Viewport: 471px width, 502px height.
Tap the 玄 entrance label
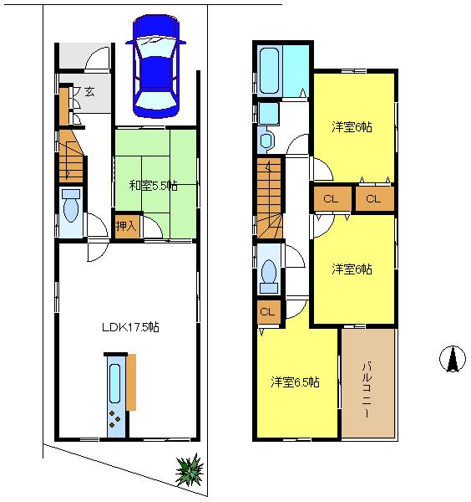click(89, 93)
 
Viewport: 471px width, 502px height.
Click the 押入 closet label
click(126, 225)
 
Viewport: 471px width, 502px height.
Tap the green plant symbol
click(190, 471)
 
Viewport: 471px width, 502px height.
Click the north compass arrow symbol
click(452, 358)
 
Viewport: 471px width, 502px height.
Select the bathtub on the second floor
click(271, 71)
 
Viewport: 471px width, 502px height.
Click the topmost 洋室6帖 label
click(352, 127)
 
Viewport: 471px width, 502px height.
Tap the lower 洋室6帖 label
click(352, 269)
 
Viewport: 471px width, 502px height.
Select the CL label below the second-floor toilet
click(268, 312)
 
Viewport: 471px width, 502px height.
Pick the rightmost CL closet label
click(373, 199)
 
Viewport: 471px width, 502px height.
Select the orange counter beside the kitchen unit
click(132, 381)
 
